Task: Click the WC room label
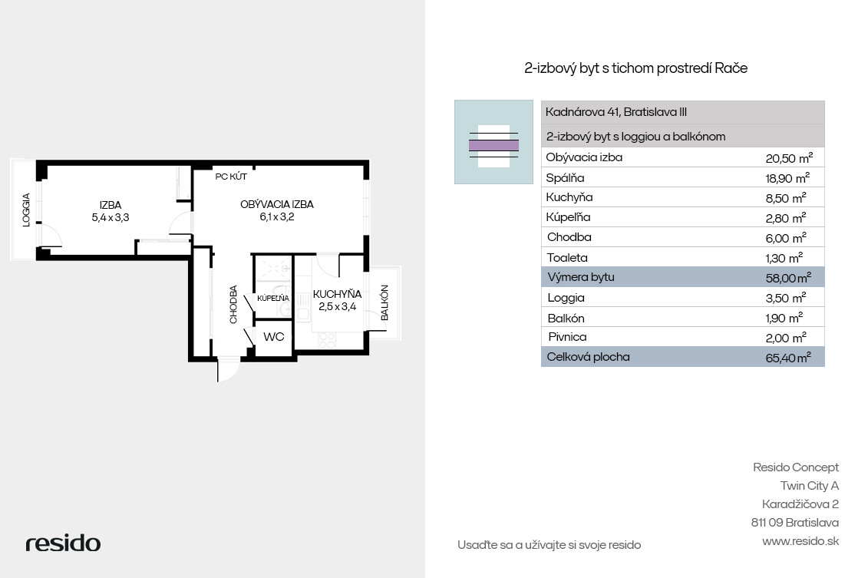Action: click(x=273, y=337)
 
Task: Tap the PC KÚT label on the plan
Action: click(x=231, y=177)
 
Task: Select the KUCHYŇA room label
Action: click(x=337, y=294)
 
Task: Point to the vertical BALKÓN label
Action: click(x=384, y=302)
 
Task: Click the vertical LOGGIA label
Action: click(x=26, y=210)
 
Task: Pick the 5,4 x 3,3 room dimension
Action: click(x=111, y=217)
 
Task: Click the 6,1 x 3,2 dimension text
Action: click(x=277, y=217)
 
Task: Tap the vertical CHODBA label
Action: click(x=233, y=305)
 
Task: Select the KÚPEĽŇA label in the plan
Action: click(x=273, y=299)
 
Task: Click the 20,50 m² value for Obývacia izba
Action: click(x=789, y=158)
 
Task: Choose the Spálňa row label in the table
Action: click(x=565, y=178)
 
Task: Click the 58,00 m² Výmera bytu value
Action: click(x=788, y=278)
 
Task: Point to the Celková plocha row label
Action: click(x=588, y=357)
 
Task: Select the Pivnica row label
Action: click(x=567, y=337)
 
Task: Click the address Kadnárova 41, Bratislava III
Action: click(x=616, y=112)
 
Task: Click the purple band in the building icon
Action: click(x=493, y=146)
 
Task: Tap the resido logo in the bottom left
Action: click(x=63, y=543)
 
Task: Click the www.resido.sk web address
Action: click(x=800, y=541)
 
